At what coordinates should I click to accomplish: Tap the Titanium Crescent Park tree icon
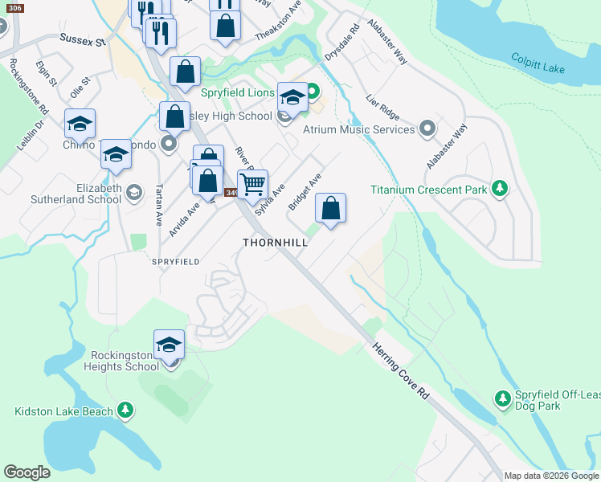pyautogui.click(x=501, y=189)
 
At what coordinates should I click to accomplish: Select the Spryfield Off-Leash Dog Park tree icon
pyautogui.click(x=502, y=398)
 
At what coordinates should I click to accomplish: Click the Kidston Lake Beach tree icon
pyautogui.click(x=125, y=411)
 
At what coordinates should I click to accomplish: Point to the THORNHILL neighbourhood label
pyautogui.click(x=276, y=242)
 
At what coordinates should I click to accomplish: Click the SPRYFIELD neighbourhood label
pyautogui.click(x=174, y=262)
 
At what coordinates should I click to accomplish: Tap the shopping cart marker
pyautogui.click(x=252, y=184)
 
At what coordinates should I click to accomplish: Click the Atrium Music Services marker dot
pyautogui.click(x=427, y=129)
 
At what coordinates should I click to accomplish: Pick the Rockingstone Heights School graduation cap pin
pyautogui.click(x=169, y=345)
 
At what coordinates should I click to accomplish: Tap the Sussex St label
pyautogui.click(x=82, y=39)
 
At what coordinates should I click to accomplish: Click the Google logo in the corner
pyautogui.click(x=27, y=472)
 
